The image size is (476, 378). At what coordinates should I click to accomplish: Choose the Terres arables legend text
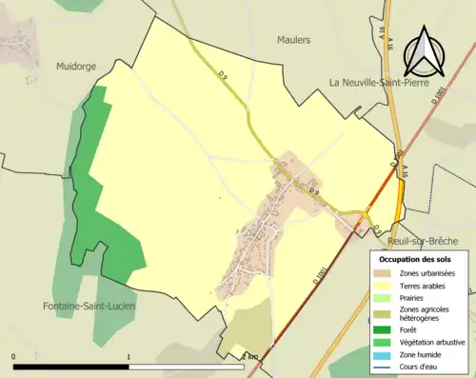pyautogui.click(x=425, y=286)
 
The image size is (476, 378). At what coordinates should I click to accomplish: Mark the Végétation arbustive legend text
pyautogui.click(x=432, y=342)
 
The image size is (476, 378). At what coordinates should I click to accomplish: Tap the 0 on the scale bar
pyautogui.click(x=13, y=357)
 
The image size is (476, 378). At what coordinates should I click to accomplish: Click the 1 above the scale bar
pyautogui.click(x=129, y=357)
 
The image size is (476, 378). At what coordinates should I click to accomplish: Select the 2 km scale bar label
pyautogui.click(x=250, y=357)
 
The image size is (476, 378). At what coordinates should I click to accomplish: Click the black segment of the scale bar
pyautogui.click(x=71, y=367)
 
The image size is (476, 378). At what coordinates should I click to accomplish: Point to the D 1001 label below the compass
pyautogui.click(x=439, y=96)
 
